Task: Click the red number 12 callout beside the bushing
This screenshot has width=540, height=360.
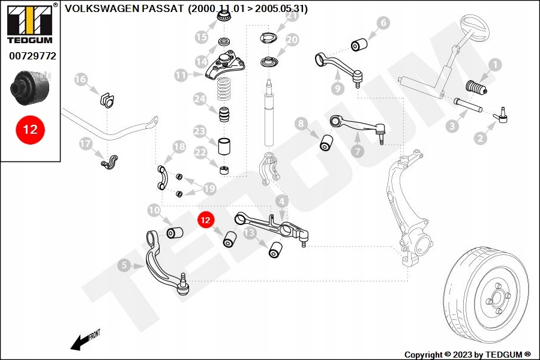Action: (206, 220)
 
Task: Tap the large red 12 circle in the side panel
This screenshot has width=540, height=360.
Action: (30, 130)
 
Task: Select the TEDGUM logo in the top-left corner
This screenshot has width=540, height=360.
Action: (30, 23)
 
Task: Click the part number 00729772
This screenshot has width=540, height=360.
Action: (32, 56)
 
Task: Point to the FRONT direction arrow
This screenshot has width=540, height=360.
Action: (84, 340)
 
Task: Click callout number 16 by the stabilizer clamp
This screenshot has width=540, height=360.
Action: (80, 80)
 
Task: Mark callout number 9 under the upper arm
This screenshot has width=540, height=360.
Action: (337, 88)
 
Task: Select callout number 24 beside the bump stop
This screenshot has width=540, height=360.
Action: (200, 98)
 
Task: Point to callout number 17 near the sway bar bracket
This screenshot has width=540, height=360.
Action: (85, 144)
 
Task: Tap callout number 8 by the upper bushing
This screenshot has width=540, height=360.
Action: (302, 124)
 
